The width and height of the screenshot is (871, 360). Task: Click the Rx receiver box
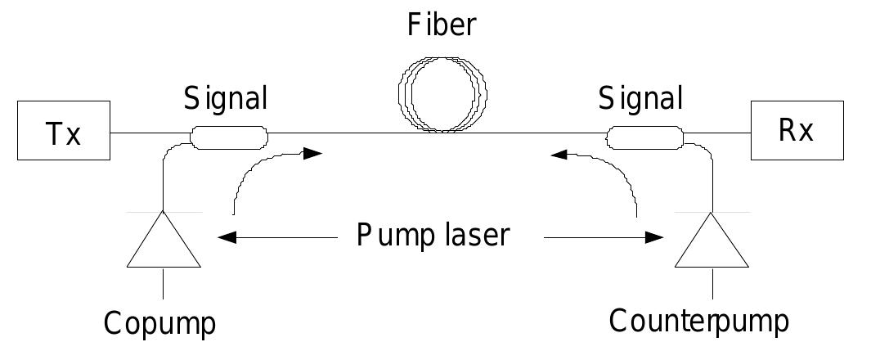coord(796,132)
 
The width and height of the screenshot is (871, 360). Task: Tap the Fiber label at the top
coord(442,25)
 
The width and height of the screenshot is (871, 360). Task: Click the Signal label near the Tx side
coord(225,99)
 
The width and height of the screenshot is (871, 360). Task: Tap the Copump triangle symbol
coord(164,243)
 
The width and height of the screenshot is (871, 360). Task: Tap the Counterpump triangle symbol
coord(712,243)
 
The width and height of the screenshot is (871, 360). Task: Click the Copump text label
coord(159,323)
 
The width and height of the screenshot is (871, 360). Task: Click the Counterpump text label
coord(699,321)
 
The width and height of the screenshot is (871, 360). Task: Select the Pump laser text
coord(433,236)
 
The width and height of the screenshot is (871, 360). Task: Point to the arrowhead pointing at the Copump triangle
coord(227,237)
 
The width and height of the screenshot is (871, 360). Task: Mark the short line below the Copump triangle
coord(164,281)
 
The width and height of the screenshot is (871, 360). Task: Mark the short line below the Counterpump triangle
coord(712,281)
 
